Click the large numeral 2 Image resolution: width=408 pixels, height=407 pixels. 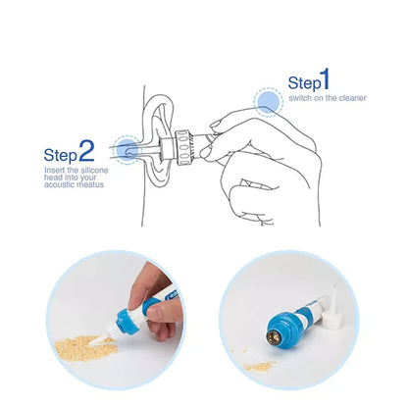click(86, 150)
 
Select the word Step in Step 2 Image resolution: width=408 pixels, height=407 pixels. click(61, 155)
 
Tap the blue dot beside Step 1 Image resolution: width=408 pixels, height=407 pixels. click(267, 101)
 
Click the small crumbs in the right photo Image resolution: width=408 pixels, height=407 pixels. click(260, 365)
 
